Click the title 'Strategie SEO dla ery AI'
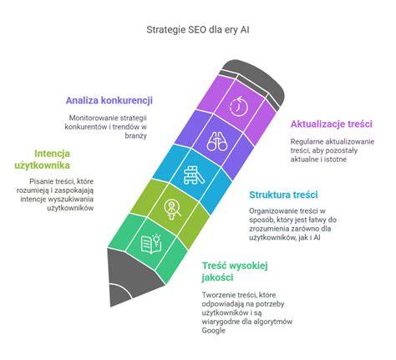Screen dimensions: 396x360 pyautogui.click(x=198, y=30)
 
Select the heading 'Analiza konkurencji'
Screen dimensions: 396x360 pyautogui.click(x=109, y=100)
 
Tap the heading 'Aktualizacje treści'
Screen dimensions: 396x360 pyautogui.click(x=332, y=124)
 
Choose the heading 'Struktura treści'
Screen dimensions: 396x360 pyautogui.click(x=283, y=195)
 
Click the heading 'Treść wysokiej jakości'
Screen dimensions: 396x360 pyautogui.click(x=235, y=271)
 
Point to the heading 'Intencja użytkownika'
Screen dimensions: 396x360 pyautogui.click(x=42, y=160)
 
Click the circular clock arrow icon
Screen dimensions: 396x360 pyautogui.click(x=239, y=106)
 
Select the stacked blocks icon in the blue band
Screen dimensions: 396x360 pyautogui.click(x=194, y=175)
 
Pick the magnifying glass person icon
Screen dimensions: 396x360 pyautogui.click(x=172, y=210)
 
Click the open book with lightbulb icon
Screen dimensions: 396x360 pyautogui.click(x=151, y=244)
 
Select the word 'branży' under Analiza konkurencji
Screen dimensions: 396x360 pyautogui.click(x=135, y=135)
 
